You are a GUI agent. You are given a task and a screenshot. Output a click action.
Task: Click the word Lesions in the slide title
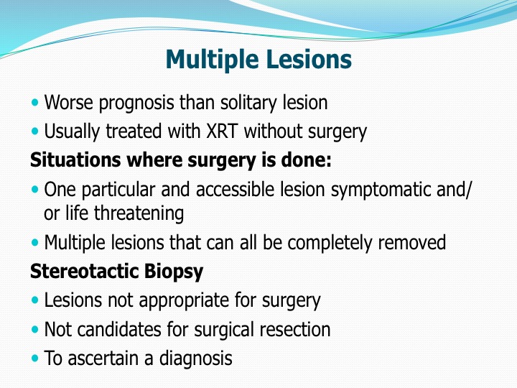coord(308,60)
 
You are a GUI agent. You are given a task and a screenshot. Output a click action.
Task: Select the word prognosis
coord(136,103)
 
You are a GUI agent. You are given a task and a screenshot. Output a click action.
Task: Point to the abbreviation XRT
coord(222,131)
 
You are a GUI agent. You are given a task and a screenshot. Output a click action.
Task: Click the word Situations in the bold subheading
coord(75,160)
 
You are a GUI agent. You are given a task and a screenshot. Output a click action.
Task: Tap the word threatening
coord(139,214)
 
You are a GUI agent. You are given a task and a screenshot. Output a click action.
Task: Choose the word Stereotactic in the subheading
coord(85,272)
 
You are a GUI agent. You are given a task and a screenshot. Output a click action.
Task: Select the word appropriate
coord(185,301)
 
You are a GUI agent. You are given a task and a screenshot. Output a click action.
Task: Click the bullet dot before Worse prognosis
coord(34,103)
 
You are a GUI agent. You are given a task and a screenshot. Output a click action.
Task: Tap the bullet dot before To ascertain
coord(34,359)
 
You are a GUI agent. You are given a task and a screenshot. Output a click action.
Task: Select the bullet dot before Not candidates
coord(34,329)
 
